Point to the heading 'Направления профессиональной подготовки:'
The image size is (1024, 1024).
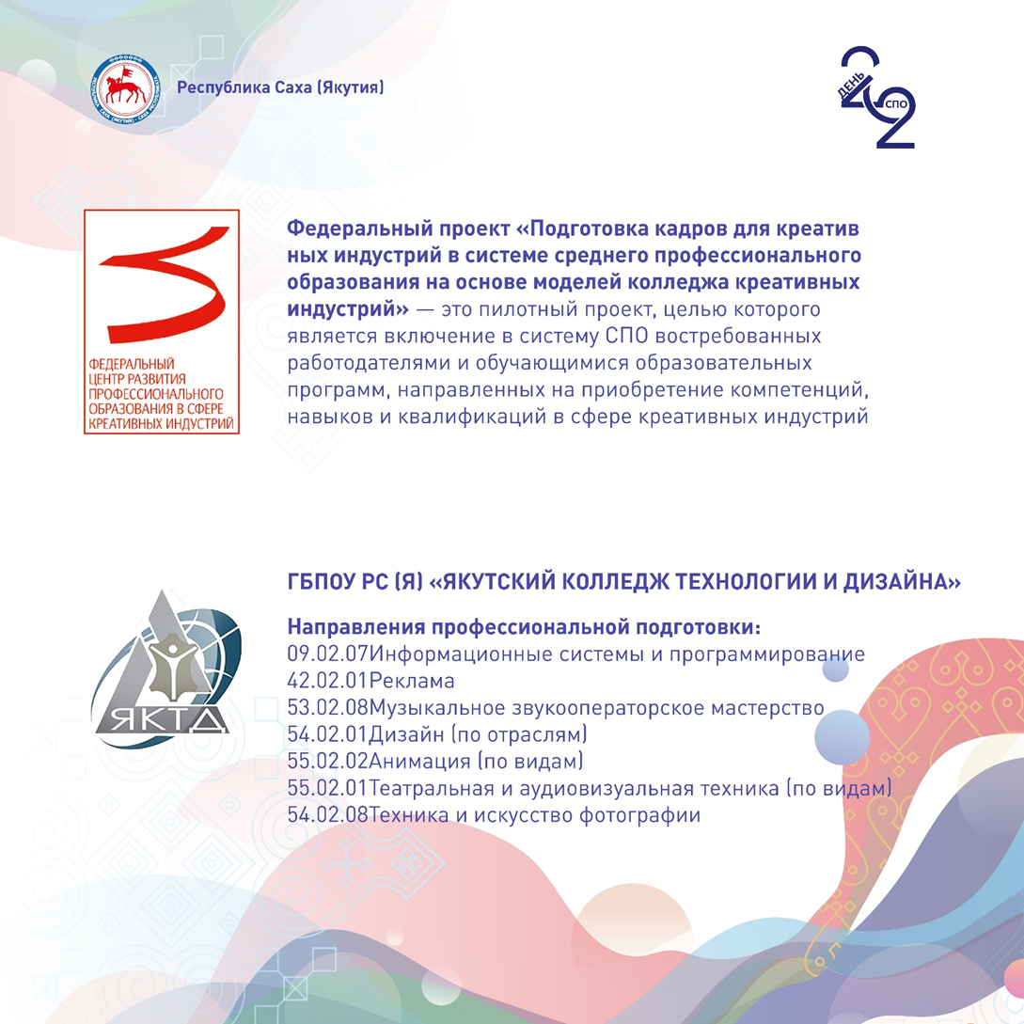[x=524, y=627]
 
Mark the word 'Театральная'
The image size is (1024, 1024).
[x=433, y=788]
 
